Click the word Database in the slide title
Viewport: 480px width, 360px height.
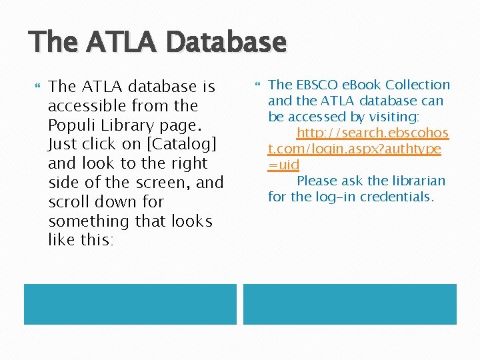[x=227, y=43]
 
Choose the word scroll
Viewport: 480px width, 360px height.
[x=69, y=202]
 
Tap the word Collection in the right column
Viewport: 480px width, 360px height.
[x=419, y=85]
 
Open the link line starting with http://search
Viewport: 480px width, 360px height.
[x=372, y=133]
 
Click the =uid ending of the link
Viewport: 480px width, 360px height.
[x=283, y=165]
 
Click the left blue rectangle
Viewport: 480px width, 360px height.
[x=130, y=304]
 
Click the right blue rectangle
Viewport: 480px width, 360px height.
[x=349, y=304]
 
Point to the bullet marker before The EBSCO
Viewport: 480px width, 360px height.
[x=259, y=85]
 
